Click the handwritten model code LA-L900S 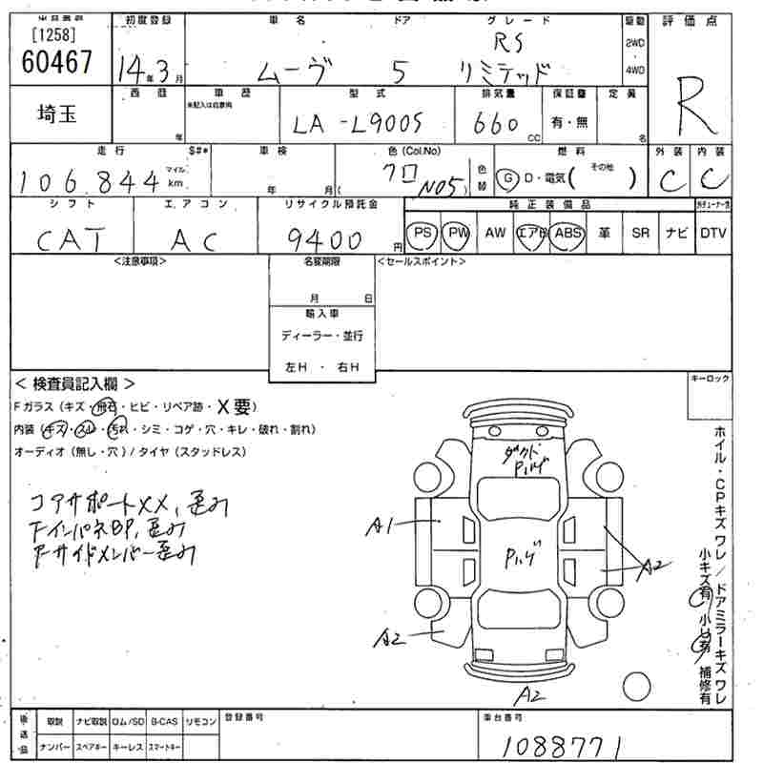point(358,125)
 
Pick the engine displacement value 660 point(496,125)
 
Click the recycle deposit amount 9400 point(323,238)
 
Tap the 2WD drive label point(634,44)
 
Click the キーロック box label point(710,380)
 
